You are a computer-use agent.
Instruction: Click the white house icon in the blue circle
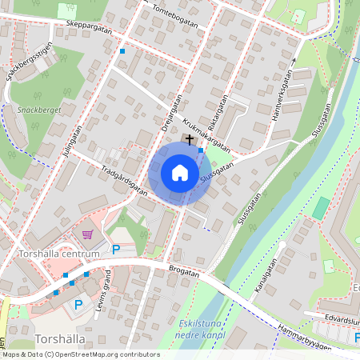(x=180, y=173)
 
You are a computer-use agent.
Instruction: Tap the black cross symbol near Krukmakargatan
(x=190, y=139)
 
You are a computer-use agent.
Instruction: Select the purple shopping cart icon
(x=88, y=234)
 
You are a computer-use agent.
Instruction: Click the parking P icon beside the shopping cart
(x=116, y=250)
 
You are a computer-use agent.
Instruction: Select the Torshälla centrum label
(x=58, y=254)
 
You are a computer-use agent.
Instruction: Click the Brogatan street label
(x=184, y=272)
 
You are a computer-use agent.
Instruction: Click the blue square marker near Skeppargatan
(x=122, y=51)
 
